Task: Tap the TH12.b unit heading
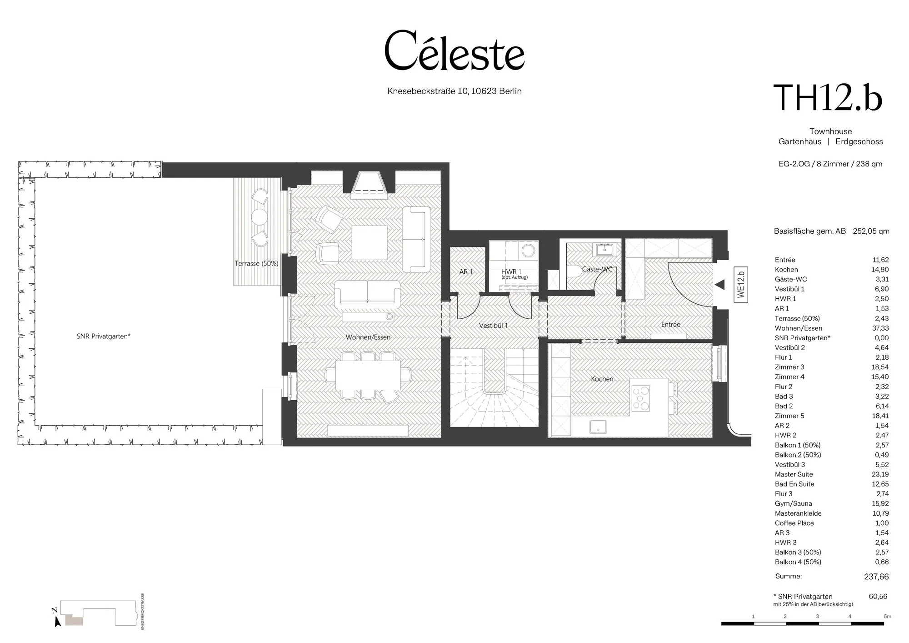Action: [828, 97]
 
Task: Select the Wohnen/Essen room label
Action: [368, 337]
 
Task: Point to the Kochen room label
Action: [602, 379]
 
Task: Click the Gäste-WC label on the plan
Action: [597, 269]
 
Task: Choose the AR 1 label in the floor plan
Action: [466, 272]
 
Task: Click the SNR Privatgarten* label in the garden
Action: [104, 337]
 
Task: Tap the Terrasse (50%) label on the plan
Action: [256, 263]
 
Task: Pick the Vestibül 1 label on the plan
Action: [493, 326]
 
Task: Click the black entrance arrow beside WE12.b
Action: [720, 285]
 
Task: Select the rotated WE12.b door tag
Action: [741, 285]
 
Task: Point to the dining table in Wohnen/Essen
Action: [368, 375]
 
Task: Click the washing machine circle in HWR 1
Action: [528, 251]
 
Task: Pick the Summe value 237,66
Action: [876, 577]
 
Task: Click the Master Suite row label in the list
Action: [794, 474]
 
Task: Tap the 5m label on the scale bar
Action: [887, 617]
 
